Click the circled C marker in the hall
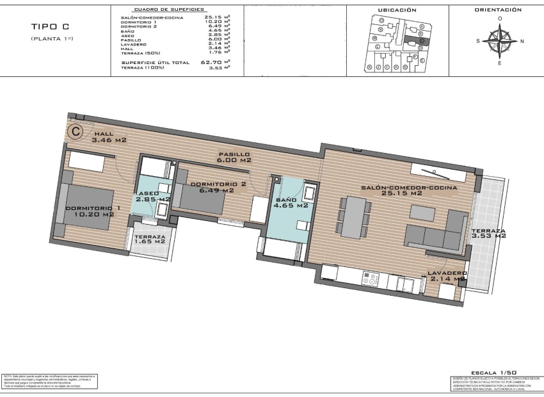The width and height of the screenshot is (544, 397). coord(76,131)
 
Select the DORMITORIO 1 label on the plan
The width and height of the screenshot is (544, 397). coord(93,211)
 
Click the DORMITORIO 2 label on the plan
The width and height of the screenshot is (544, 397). coord(218,187)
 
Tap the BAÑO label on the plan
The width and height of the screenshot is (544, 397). coord(291,202)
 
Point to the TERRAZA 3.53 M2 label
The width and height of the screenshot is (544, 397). coord(488,233)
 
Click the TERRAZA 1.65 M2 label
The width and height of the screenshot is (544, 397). coord(150,240)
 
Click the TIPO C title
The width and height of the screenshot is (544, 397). coord(50,27)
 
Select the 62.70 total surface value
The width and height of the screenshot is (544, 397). coord(213,62)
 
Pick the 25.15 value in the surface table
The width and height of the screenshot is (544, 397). coord(213,17)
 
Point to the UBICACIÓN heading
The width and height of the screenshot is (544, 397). coord(397,10)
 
